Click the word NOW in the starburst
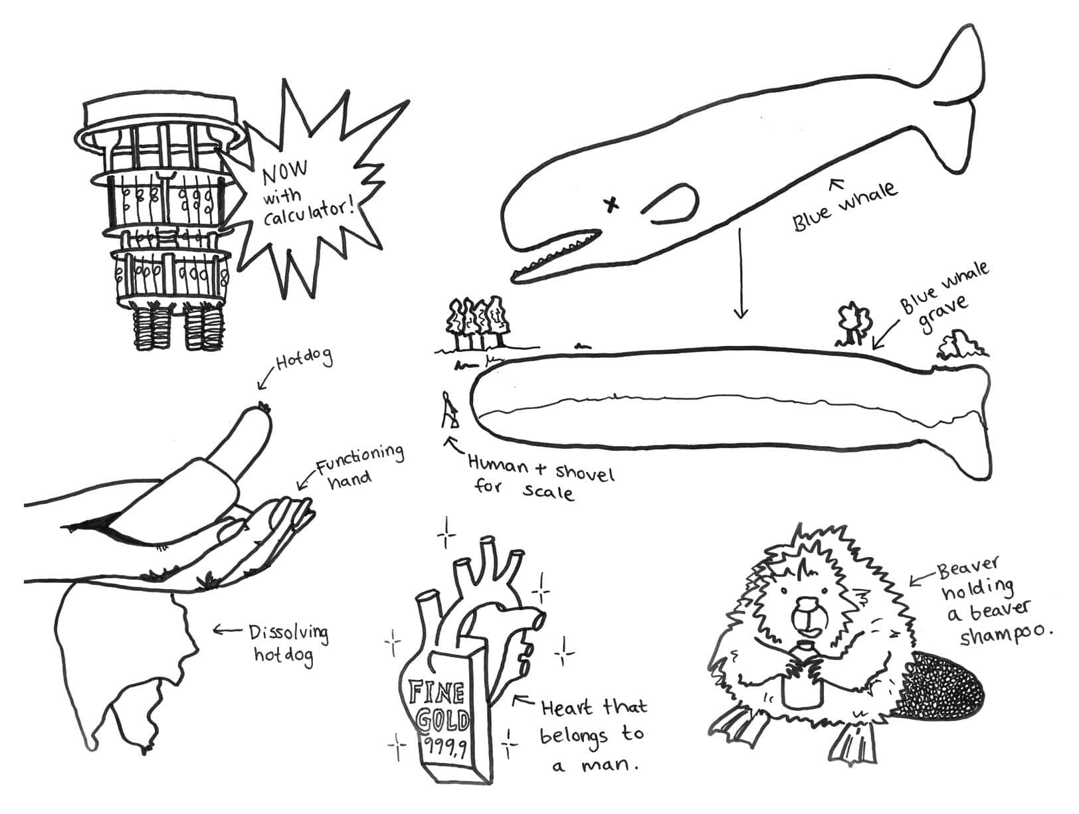286,174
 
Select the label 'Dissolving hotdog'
287,643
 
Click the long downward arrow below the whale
740,272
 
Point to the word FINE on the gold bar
436,693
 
